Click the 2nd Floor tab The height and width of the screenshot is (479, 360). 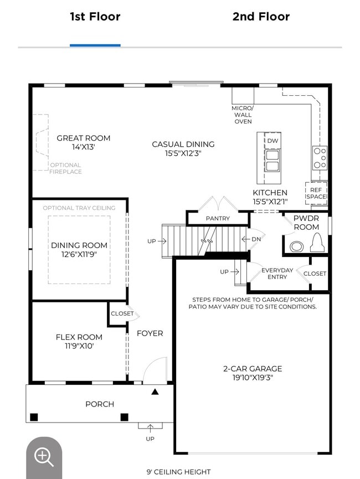261,17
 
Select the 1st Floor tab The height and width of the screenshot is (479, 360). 95,17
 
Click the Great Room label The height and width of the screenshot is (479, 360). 84,138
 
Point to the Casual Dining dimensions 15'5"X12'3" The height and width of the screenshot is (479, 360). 183,153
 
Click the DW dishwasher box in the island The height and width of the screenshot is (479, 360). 272,141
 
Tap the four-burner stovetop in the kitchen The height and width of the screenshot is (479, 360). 320,158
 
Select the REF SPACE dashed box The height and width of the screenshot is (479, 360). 316,193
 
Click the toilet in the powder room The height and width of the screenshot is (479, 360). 317,243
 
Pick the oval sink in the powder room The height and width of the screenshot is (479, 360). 296,246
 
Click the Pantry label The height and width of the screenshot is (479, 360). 218,218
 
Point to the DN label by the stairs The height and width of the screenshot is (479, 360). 256,239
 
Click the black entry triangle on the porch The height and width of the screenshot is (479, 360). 155,392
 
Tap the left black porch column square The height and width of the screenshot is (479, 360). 34,417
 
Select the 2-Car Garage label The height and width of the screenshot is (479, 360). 253,369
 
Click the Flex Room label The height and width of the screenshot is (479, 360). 79,337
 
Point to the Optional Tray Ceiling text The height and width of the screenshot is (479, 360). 79,208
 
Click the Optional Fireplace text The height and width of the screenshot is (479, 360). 66,168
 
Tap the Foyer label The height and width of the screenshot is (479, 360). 150,333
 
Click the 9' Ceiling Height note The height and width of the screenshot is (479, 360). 178,472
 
